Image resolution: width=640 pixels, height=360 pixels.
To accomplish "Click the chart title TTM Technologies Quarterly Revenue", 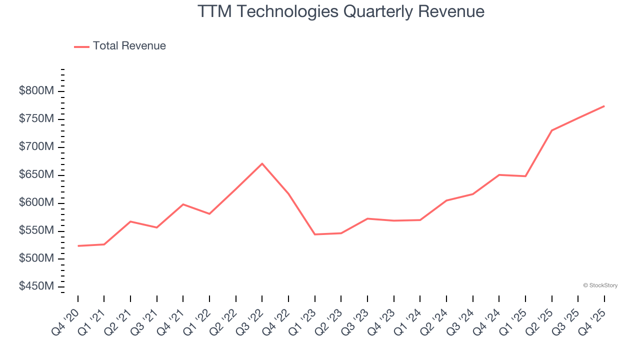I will coord(341,11).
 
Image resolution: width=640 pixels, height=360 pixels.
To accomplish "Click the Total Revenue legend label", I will coord(129,46).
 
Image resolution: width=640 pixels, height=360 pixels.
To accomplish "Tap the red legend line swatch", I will coord(81,46).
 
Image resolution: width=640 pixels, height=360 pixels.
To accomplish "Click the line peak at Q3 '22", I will coord(262,163).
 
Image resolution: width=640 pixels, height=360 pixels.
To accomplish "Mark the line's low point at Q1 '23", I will coord(315,234).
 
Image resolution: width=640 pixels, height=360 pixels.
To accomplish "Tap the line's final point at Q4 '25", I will coord(604,106).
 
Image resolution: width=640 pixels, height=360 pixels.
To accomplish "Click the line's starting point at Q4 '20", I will coord(78,246).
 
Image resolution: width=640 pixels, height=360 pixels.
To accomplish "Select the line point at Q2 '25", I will coord(551,130).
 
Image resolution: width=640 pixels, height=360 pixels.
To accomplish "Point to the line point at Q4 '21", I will coord(183,204).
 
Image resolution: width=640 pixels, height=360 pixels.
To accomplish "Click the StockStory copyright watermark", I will coord(600,285).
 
